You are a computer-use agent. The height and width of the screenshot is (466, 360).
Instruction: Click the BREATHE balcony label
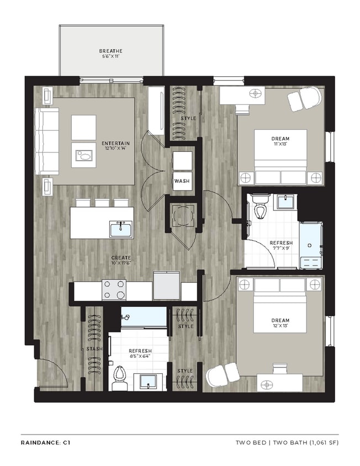(111, 51)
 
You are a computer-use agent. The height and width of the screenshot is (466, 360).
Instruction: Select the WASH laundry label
(182, 181)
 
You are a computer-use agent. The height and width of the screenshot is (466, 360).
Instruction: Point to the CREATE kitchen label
(120, 257)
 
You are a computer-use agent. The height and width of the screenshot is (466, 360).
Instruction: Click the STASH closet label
(93, 348)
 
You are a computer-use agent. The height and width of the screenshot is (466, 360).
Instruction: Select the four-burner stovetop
(114, 289)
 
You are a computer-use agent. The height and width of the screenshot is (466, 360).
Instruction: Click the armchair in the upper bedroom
(304, 98)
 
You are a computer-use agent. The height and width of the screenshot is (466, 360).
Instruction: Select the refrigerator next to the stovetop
(166, 286)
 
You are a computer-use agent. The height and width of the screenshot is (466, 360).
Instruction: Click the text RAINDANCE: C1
(45, 442)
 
